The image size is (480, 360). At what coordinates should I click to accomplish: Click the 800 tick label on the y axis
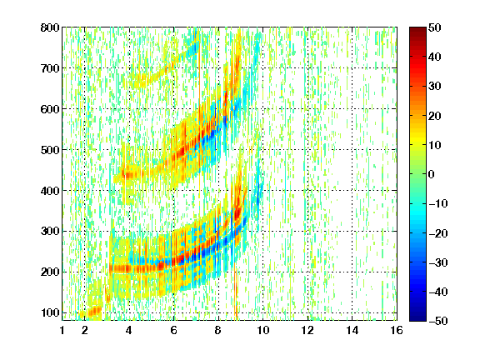pos(50,27)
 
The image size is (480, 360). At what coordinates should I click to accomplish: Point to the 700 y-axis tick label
pos(50,68)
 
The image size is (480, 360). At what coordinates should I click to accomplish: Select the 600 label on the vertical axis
pos(50,109)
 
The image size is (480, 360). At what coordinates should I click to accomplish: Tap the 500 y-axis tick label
pos(50,150)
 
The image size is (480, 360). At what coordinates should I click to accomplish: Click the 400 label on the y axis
pos(50,191)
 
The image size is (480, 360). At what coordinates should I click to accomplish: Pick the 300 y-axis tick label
pos(50,232)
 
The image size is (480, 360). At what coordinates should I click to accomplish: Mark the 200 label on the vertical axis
pos(50,272)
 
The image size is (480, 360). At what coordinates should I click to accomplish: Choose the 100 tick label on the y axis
pos(50,312)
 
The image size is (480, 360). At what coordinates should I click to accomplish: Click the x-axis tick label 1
pos(62,330)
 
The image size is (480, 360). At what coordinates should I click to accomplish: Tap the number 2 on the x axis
pos(85,330)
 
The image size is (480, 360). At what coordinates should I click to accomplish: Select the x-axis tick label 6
pos(174,330)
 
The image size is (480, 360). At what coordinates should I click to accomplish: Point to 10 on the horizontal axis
pos(263,330)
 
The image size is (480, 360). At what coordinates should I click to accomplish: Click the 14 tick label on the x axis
pos(352,330)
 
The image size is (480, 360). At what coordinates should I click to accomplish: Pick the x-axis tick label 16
pos(397,330)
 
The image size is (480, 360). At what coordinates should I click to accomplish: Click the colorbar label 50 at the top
pos(434,27)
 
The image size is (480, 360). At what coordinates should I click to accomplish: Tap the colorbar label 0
pos(432,174)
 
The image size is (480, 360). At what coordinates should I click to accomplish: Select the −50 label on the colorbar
pos(438,321)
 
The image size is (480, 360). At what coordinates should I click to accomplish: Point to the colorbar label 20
pos(434,116)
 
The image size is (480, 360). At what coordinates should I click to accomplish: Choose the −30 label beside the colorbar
pos(438,262)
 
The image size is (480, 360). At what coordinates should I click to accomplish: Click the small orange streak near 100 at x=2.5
pos(94,312)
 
